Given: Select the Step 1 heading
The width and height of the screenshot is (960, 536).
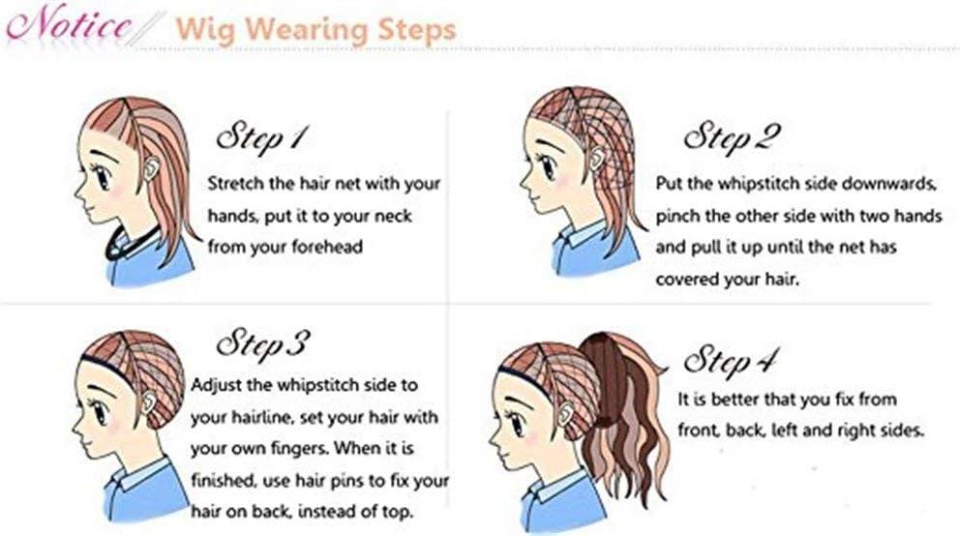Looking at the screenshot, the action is click(259, 138).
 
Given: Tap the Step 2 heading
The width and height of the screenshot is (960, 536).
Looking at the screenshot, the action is click(732, 138).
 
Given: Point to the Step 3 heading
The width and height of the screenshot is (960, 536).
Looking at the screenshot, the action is click(262, 343).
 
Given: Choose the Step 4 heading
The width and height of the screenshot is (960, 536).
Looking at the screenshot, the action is click(729, 361).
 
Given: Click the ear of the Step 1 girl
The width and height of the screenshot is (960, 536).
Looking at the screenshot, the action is click(151, 167).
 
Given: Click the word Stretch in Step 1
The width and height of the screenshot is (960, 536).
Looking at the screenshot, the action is click(236, 184).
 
